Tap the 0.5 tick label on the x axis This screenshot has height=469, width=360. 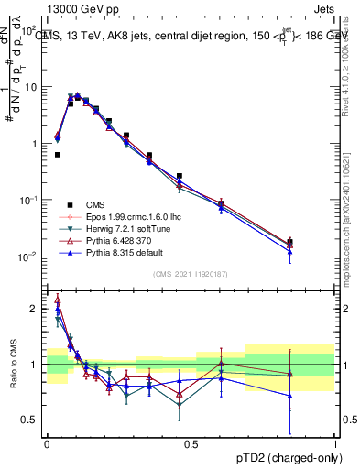191,443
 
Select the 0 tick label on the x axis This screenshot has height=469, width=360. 47,443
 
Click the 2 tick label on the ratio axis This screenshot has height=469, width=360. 33,309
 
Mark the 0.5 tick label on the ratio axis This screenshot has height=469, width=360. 29,420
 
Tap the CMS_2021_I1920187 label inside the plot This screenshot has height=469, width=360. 191,274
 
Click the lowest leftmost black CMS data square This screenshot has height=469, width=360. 58,155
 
